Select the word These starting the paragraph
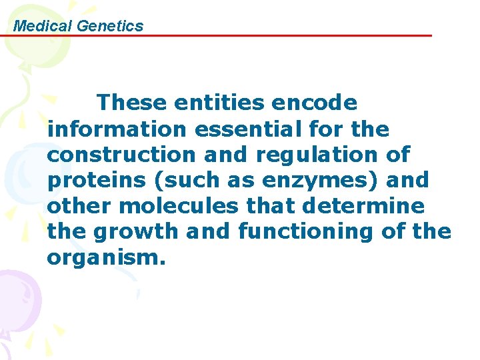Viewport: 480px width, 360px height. pyautogui.click(x=131, y=103)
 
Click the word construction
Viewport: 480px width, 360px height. pyautogui.click(x=121, y=155)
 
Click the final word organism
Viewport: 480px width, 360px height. pyautogui.click(x=105, y=258)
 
